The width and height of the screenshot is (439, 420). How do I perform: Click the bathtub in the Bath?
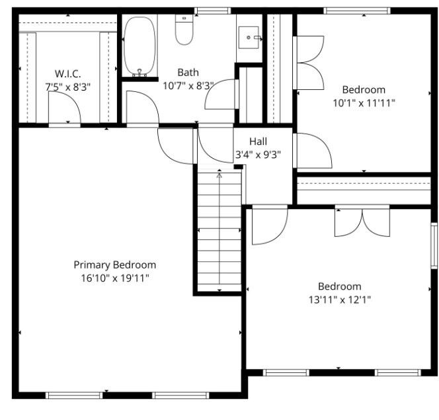pyautogui.click(x=140, y=46)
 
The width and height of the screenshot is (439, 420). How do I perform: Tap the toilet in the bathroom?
pyautogui.click(x=184, y=30)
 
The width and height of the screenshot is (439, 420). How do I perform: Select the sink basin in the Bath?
pyautogui.click(x=249, y=38)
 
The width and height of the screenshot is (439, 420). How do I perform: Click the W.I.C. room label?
pyautogui.click(x=67, y=74)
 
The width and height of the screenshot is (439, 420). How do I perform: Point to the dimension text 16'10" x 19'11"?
pyautogui.click(x=115, y=278)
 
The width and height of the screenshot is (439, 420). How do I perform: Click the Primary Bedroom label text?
pyautogui.click(x=115, y=265)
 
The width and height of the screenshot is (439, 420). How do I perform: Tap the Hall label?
pyautogui.click(x=258, y=142)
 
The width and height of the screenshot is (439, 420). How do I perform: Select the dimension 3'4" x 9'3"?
pyautogui.click(x=258, y=155)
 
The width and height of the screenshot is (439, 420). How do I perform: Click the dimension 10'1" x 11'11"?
pyautogui.click(x=364, y=103)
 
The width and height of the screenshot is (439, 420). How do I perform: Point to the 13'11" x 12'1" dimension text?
pyautogui.click(x=340, y=300)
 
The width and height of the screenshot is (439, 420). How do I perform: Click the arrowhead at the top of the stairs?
pyautogui.click(x=219, y=175)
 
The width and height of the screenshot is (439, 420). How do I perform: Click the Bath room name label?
pyautogui.click(x=188, y=72)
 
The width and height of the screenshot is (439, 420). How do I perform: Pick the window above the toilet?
pyautogui.click(x=213, y=11)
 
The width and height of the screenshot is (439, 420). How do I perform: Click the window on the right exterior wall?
pyautogui.click(x=434, y=245)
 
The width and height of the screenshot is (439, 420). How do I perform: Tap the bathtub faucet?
pyautogui.click(x=140, y=73)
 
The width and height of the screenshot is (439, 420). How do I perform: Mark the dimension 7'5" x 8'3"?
pyautogui.click(x=67, y=87)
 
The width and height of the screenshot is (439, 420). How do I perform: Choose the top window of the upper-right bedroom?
pyautogui.click(x=357, y=11)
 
